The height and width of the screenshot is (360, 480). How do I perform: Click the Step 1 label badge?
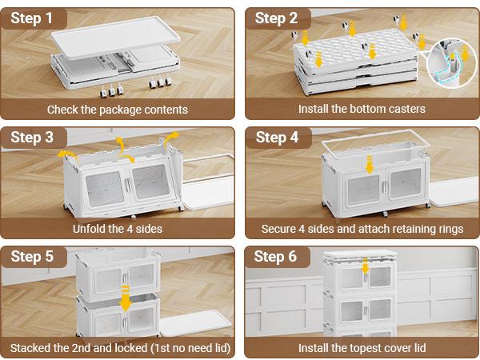tap(33, 18)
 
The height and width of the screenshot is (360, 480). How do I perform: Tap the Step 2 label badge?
tap(277, 18)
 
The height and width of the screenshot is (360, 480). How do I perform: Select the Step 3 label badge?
tap(33, 138)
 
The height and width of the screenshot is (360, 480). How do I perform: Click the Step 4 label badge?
tap(277, 138)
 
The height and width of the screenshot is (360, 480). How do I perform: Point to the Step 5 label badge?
tap(33, 257)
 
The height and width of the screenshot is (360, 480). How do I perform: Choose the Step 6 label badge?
tap(277, 257)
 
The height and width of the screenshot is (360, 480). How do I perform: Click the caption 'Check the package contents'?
tap(118, 110)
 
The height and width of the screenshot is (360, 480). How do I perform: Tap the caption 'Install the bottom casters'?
tap(362, 110)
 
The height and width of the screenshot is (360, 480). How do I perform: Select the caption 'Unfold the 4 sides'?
tap(118, 229)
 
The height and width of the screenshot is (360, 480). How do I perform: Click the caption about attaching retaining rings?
tap(362, 229)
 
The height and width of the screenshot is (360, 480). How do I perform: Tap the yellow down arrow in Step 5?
tap(125, 300)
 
